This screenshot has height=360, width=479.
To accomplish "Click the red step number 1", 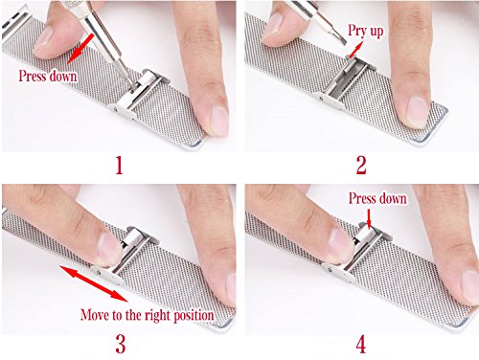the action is point(119,166).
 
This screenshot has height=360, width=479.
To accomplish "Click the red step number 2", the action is point(361,166).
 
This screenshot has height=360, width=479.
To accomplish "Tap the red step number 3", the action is point(121,345).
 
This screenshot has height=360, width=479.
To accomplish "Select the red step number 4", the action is point(361,345).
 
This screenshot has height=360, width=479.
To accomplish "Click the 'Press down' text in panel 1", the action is point(48,77).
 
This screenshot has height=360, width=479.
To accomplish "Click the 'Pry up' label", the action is point(365,32).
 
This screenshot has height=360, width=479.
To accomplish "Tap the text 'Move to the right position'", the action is point(148,315).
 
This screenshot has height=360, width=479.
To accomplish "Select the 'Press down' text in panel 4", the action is point(377,198).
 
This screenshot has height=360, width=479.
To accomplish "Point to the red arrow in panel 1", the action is point(80,48).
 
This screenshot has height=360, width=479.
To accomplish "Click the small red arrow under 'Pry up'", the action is point(356,51).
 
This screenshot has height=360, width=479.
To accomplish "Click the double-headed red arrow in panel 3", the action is point(94,283).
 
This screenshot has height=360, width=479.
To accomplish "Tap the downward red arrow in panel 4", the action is point(369,218).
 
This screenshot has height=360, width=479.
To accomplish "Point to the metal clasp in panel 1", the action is point(137,95).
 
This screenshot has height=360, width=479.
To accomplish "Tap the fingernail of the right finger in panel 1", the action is point(218,121).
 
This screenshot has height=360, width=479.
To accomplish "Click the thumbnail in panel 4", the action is point(339,244).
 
